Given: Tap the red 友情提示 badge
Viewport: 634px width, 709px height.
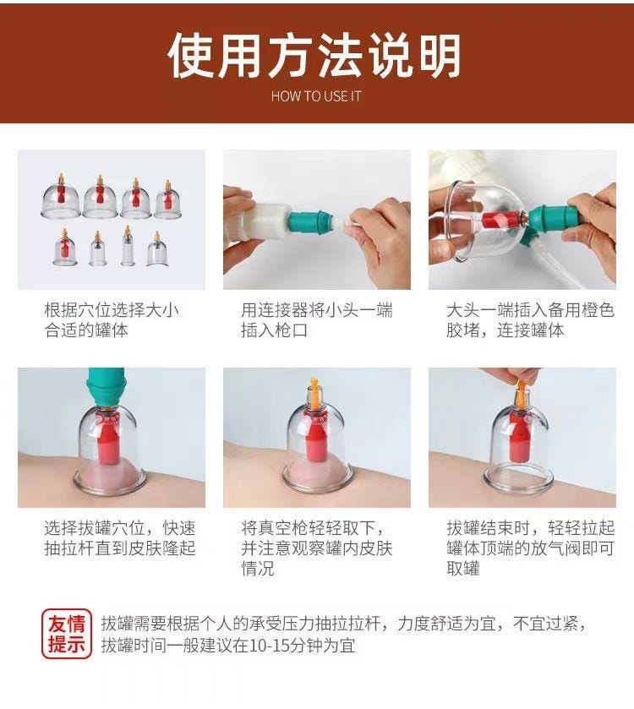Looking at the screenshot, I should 67,635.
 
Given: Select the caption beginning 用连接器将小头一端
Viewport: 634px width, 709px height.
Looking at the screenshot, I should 316,320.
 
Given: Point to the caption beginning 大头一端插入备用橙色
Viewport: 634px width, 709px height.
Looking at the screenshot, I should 529,320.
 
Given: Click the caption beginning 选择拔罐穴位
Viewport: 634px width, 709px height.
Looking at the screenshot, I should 118,538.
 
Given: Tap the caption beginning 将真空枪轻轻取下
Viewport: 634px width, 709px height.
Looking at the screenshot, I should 316,548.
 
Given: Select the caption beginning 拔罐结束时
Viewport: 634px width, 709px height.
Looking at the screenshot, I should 529,548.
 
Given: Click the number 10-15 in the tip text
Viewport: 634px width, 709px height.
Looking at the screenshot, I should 276,646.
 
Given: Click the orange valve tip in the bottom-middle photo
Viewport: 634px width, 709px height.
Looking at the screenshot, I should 314,390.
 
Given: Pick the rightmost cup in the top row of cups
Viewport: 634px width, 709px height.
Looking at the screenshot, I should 167,199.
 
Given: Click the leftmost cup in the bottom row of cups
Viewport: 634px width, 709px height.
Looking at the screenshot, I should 64,249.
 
